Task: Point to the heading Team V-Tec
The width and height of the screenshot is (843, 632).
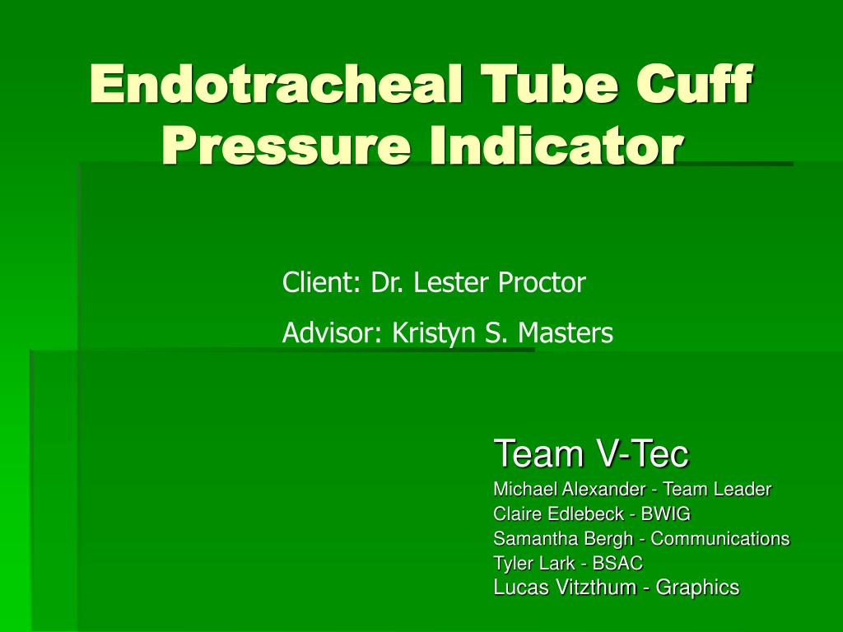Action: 590,453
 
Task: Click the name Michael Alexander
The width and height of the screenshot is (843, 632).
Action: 568,489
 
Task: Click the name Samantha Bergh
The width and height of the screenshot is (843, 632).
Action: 566,539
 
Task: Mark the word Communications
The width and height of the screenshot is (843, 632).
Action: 720,539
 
